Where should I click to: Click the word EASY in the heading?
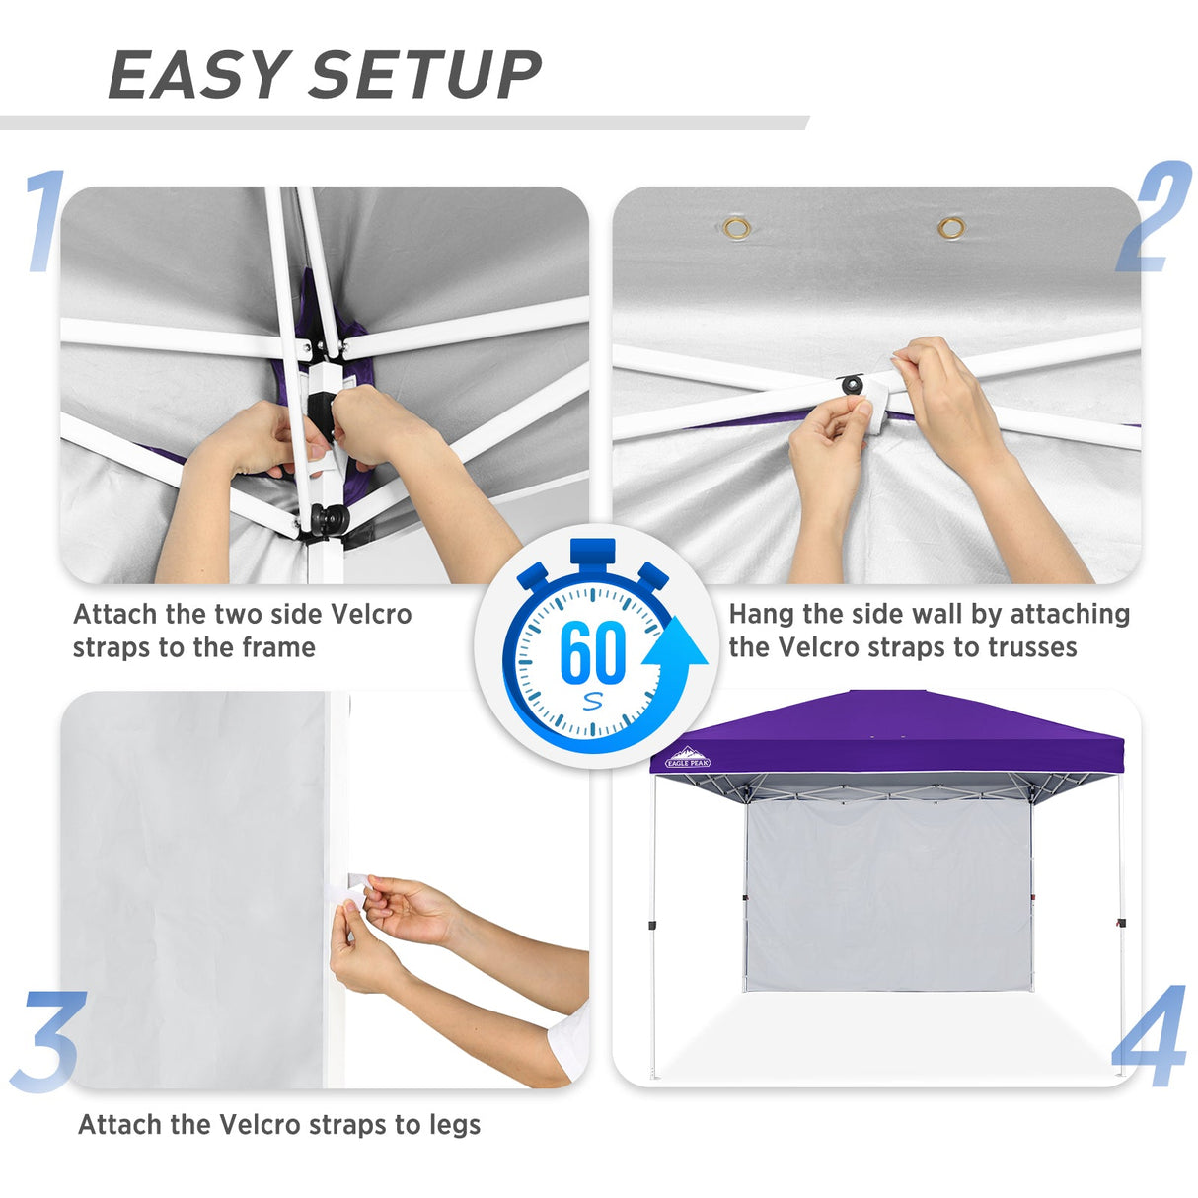point(196,76)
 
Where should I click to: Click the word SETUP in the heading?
point(425,76)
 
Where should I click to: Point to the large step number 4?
point(1151,1036)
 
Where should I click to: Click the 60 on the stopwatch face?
point(592,652)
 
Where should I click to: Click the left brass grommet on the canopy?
point(736,229)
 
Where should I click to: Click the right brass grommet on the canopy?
point(951,229)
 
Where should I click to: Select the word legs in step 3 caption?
point(454,1125)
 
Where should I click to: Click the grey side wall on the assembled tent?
point(885,893)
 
